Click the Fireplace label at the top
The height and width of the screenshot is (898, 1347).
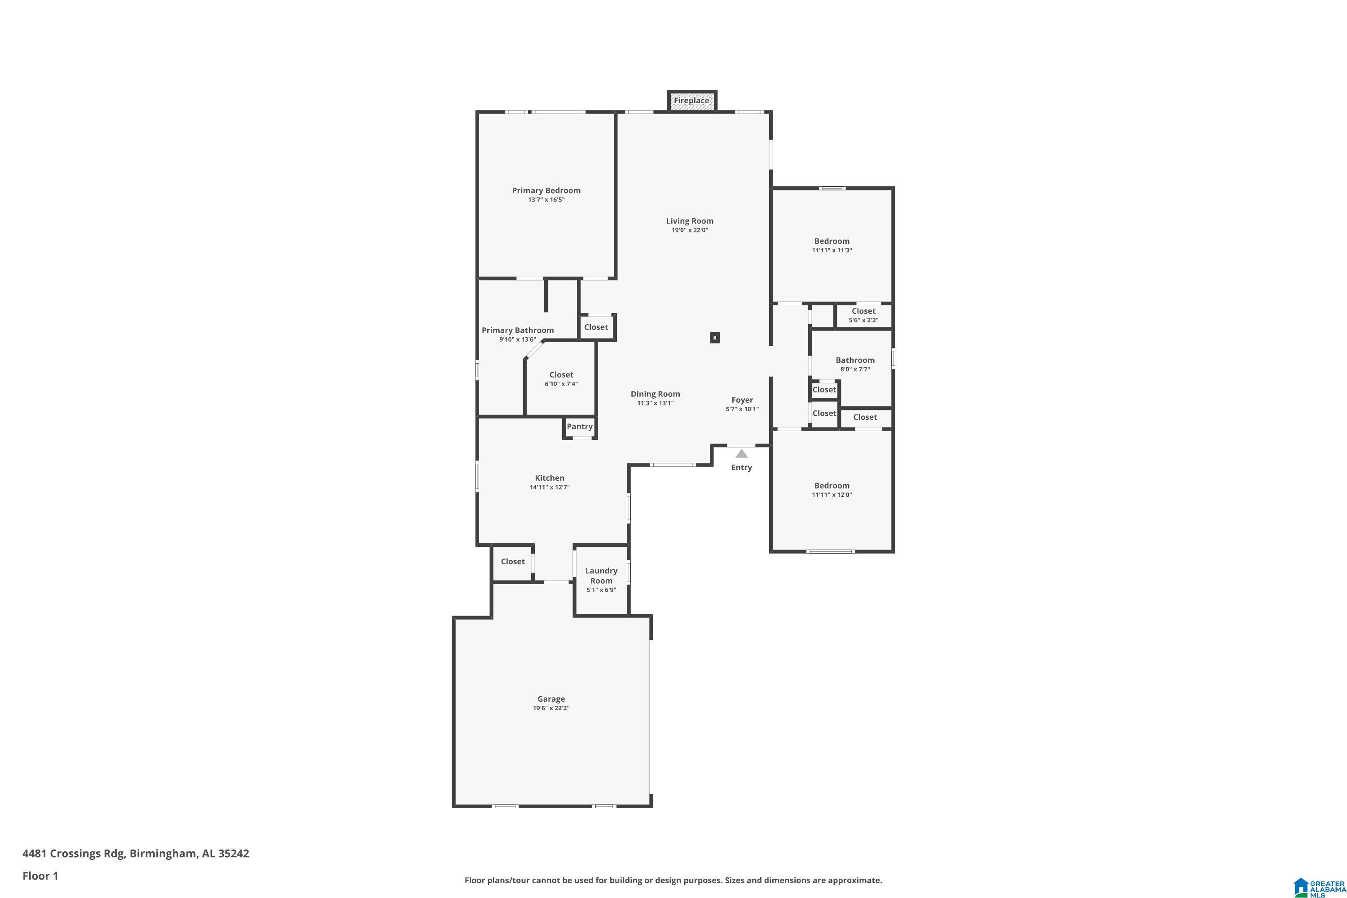click(691, 101)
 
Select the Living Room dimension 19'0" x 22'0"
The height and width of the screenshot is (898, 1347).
click(690, 230)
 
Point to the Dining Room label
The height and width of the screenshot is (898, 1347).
click(655, 394)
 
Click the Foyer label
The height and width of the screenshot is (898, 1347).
click(742, 401)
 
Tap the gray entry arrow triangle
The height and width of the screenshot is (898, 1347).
click(742, 453)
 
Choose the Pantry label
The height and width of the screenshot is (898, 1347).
click(580, 427)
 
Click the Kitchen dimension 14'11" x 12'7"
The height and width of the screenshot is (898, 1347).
click(550, 487)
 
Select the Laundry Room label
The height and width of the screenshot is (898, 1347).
click(601, 576)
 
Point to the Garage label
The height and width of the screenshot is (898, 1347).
click(551, 699)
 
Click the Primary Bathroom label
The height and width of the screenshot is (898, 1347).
click(518, 330)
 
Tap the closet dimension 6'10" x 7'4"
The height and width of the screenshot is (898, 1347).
click(561, 384)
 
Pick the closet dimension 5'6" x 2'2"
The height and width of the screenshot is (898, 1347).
click(863, 321)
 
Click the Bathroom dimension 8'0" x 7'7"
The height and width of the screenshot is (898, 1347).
click(855, 370)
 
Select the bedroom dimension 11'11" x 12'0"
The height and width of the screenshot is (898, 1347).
click(832, 495)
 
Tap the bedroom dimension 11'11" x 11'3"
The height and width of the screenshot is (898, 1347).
click(832, 250)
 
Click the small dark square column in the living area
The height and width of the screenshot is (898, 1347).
click(715, 338)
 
